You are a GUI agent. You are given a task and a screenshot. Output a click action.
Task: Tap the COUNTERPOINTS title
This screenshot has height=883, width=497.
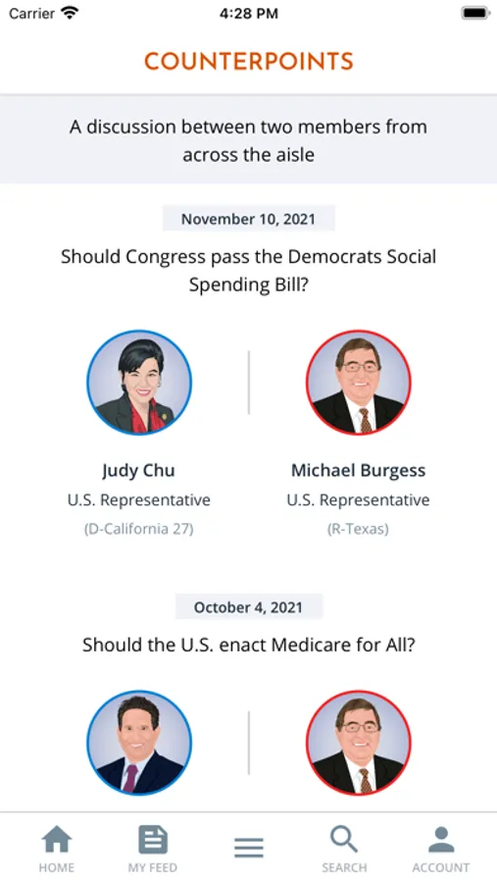(248, 62)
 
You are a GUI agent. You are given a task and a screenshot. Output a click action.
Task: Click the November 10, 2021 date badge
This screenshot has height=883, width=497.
(248, 219)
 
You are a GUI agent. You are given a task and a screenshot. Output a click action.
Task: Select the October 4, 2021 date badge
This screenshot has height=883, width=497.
(248, 607)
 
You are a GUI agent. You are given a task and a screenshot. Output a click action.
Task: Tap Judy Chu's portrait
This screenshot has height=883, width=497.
(139, 383)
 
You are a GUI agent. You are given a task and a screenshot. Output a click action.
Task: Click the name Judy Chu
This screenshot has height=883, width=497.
(138, 470)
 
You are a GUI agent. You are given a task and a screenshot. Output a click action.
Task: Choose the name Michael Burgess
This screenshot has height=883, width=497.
(358, 470)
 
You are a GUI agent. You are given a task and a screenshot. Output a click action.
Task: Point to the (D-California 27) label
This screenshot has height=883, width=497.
(138, 530)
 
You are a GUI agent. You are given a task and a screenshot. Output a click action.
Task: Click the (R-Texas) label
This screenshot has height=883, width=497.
(358, 530)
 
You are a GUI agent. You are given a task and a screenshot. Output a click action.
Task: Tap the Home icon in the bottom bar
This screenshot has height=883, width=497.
(57, 840)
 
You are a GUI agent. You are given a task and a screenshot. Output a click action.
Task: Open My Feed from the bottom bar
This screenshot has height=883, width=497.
(153, 840)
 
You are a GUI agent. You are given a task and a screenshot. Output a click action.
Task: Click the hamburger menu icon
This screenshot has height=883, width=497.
(249, 847)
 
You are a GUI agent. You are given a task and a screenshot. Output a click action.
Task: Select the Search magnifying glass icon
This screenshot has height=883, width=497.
(344, 840)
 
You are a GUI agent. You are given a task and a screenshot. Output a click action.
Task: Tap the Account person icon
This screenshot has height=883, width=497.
(441, 840)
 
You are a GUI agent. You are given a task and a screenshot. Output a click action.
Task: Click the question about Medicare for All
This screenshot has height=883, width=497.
(248, 645)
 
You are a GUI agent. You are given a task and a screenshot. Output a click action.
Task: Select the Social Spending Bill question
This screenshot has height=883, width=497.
(248, 271)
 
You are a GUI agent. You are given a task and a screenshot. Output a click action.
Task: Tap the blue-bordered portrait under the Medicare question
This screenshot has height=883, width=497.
(139, 743)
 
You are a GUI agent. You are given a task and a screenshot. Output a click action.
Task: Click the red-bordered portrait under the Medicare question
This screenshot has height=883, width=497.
(359, 743)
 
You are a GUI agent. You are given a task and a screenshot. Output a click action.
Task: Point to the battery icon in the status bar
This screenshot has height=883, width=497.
(475, 13)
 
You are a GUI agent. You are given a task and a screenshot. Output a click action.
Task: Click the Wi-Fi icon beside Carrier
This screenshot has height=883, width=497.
(70, 13)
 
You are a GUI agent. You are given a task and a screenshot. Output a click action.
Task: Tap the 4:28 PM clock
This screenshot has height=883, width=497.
(248, 14)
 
